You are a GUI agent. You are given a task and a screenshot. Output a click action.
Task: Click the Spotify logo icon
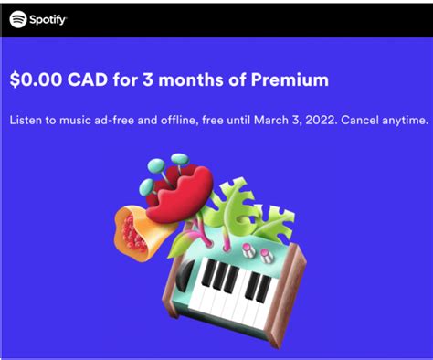point(16,18)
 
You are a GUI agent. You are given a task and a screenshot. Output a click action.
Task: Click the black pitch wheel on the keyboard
point(186,274)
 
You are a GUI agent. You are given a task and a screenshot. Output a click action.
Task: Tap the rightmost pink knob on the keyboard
point(268,254)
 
